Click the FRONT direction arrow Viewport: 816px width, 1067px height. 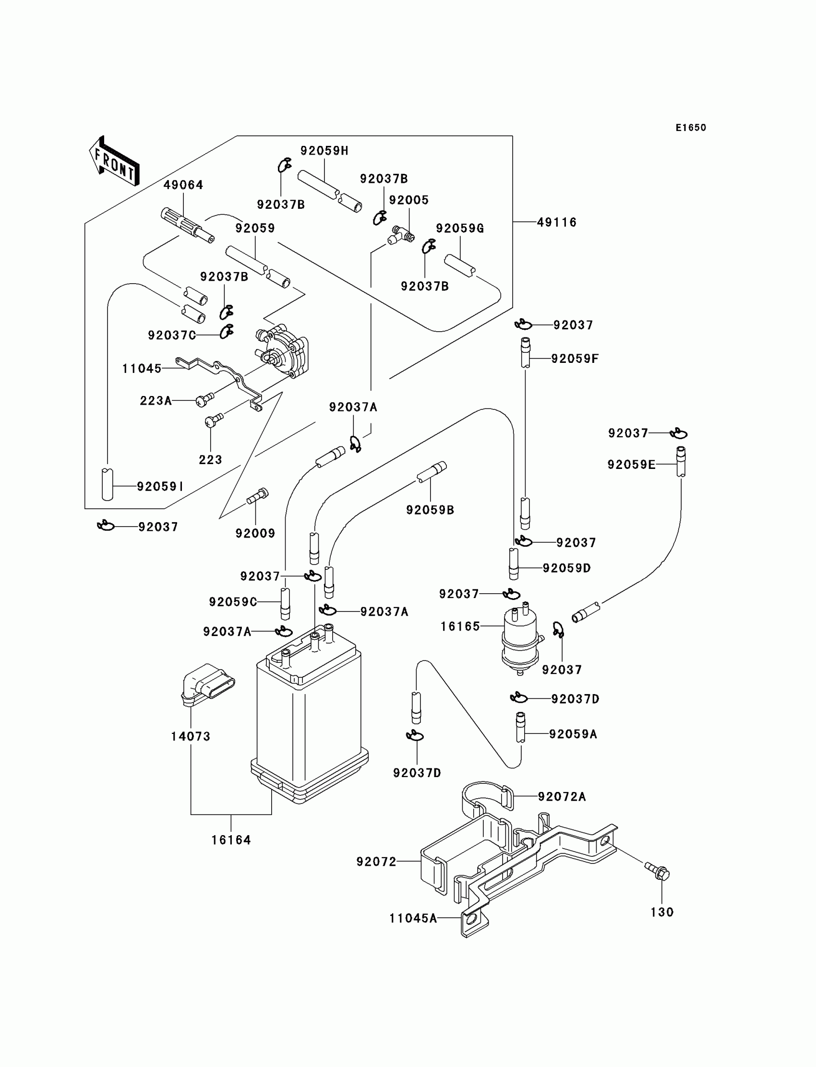(x=114, y=161)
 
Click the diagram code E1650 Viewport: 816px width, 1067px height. (x=691, y=128)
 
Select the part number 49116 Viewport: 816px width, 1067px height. (x=557, y=222)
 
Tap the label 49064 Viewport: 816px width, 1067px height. (x=183, y=185)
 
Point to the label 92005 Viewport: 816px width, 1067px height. (x=409, y=200)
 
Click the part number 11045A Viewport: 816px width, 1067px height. (x=413, y=918)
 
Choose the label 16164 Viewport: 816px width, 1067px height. (x=231, y=839)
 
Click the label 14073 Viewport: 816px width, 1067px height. (x=191, y=736)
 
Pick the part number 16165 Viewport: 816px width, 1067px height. (x=460, y=626)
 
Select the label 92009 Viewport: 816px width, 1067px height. (x=255, y=533)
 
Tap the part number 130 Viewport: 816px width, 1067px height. (x=662, y=912)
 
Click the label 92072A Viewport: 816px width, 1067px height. (x=562, y=797)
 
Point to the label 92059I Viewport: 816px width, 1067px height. (x=160, y=487)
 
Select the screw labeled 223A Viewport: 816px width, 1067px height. (x=204, y=400)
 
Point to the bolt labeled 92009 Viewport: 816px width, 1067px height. (x=257, y=496)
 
